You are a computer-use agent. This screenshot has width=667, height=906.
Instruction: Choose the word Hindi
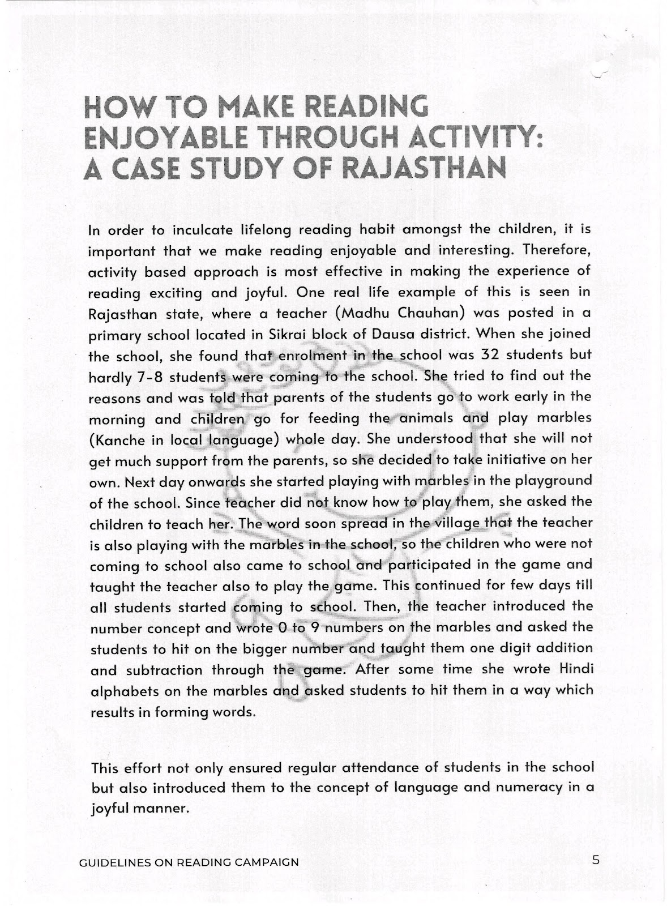[x=573, y=669]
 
